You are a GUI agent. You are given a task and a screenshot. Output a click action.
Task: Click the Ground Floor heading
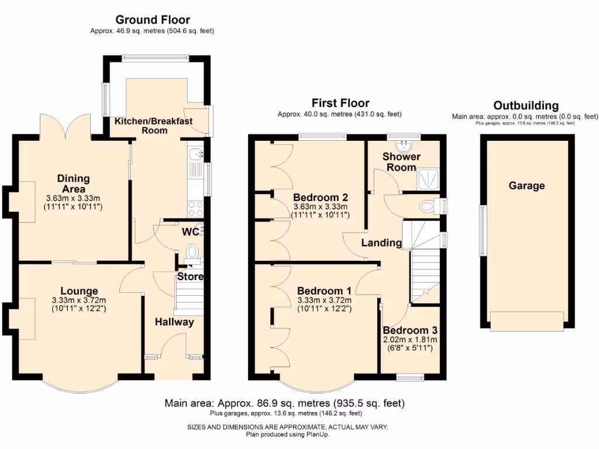(153, 19)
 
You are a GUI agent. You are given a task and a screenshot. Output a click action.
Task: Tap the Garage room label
(526, 186)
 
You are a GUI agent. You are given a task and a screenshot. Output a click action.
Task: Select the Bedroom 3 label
(410, 330)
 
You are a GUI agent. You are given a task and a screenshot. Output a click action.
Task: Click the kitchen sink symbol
(196, 154)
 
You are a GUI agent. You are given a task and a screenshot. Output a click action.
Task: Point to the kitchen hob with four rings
(195, 209)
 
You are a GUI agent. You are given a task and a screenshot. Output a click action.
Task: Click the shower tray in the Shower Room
(429, 179)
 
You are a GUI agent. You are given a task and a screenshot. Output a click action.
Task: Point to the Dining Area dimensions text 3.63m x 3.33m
(73, 198)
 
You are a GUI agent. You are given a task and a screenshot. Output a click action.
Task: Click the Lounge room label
(79, 291)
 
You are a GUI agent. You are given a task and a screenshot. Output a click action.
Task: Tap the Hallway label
(174, 322)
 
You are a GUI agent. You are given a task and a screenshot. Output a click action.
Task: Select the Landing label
(381, 243)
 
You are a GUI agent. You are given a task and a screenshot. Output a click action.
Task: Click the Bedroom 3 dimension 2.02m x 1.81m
(410, 340)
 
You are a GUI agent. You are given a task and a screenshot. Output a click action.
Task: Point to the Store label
(190, 277)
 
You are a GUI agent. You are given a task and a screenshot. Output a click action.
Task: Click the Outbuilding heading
(526, 105)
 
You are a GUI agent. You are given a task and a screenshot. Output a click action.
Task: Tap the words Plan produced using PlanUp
(287, 434)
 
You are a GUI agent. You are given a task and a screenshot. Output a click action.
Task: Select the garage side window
(483, 230)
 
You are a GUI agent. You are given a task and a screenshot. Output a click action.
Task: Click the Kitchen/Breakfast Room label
(154, 126)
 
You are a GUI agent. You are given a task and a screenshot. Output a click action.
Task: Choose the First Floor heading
(340, 103)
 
